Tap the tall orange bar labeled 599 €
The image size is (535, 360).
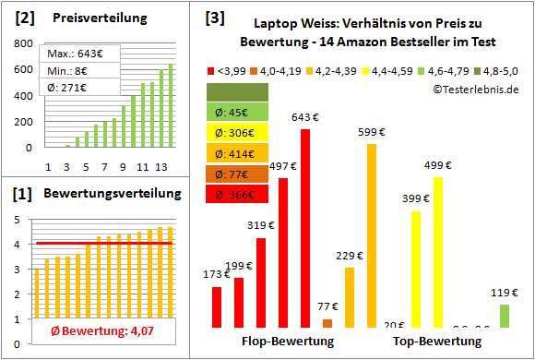point(372,235)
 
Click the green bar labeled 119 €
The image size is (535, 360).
point(505,316)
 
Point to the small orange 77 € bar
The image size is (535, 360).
point(327,323)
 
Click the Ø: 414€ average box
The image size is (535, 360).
point(239,152)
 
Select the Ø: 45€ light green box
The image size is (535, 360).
point(239,112)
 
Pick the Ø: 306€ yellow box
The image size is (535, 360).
point(239,132)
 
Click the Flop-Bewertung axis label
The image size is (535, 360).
point(287,342)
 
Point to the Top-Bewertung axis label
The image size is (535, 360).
point(437,342)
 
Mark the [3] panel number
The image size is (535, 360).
point(214,18)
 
